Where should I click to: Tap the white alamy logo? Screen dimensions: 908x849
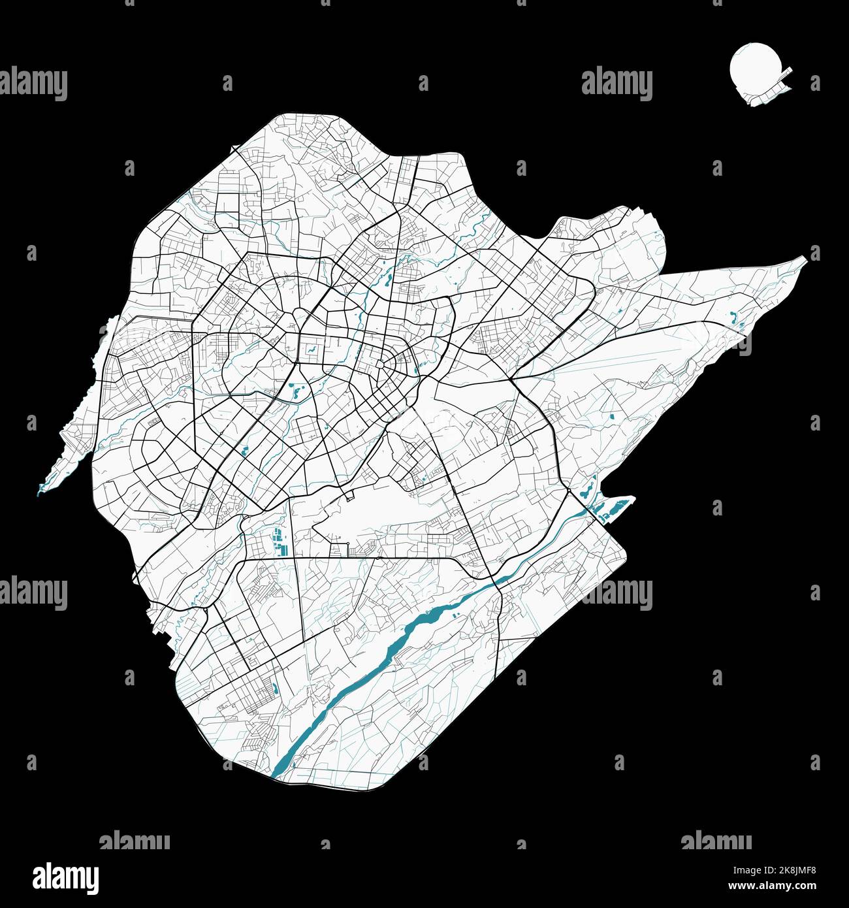click(x=67, y=877)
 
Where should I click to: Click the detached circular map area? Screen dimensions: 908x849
click(x=751, y=69)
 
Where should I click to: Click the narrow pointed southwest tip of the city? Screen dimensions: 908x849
click(x=40, y=490)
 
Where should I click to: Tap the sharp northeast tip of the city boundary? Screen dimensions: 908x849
click(x=805, y=259)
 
